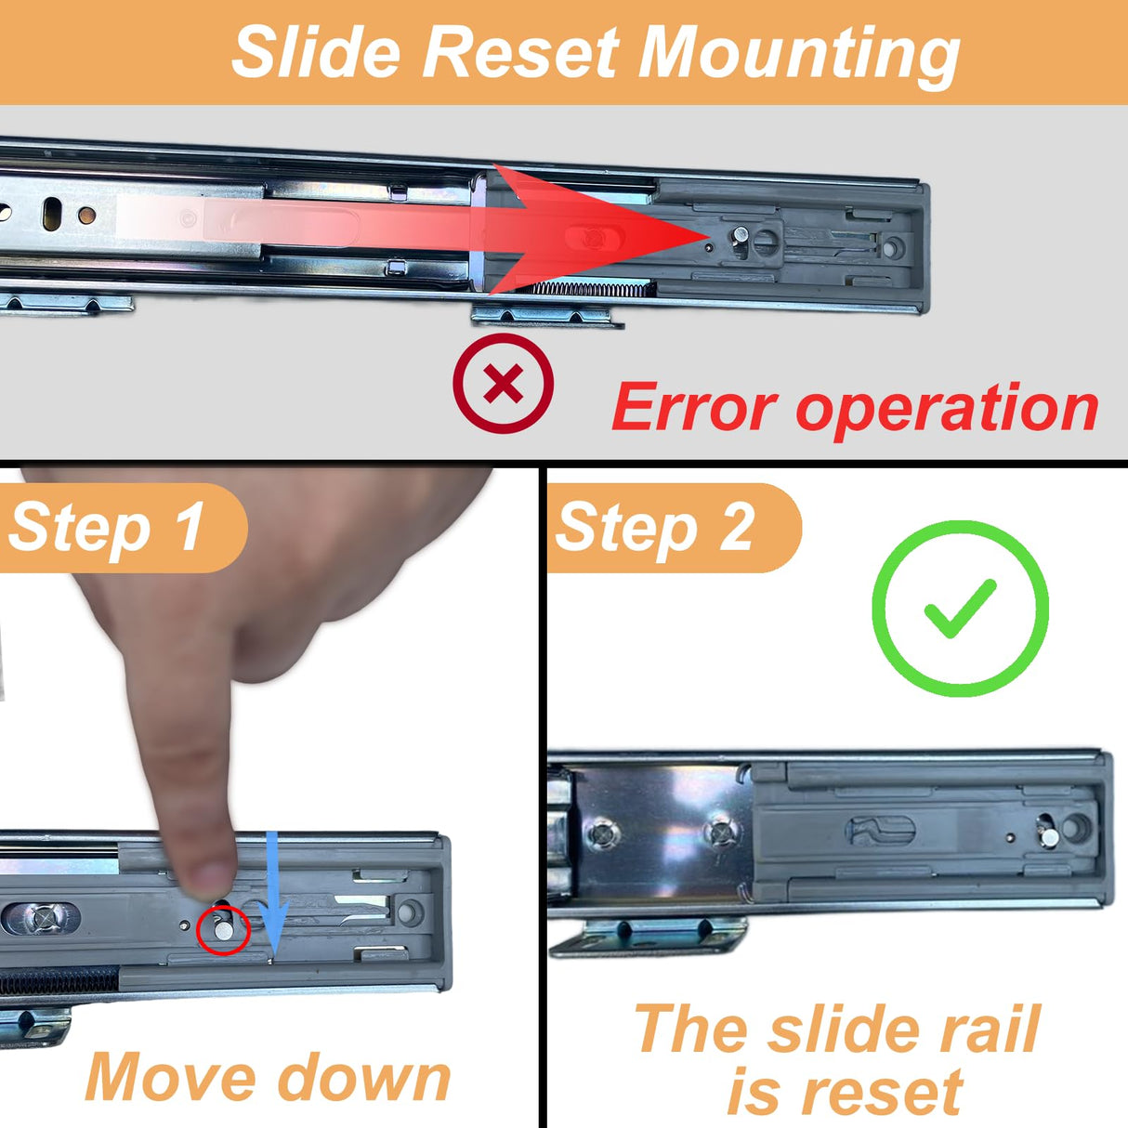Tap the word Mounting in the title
pyautogui.click(x=799, y=57)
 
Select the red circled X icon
pyautogui.click(x=503, y=384)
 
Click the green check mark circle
pyautogui.click(x=960, y=609)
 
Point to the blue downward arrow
pyautogui.click(x=273, y=896)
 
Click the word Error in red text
pyautogui.click(x=695, y=406)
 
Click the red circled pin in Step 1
pyautogui.click(x=224, y=929)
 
